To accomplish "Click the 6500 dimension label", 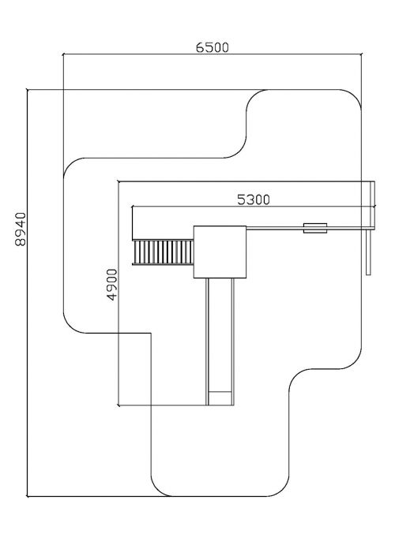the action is click(213, 47).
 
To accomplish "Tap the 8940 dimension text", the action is click(21, 229).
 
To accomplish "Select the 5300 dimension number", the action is click(254, 200).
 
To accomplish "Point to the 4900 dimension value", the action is click(112, 285).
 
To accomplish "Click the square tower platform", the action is click(220, 252).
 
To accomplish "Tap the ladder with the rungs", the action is click(163, 252).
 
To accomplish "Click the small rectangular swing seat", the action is click(315, 228).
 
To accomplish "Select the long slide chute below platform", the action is click(220, 341).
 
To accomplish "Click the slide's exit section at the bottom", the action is click(220, 398).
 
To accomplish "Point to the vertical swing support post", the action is click(369, 252).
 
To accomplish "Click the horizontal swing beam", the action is click(307, 228).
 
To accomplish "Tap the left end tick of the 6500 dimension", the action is click(63, 54).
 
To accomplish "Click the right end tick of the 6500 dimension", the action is click(361, 54).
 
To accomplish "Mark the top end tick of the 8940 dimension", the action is click(28, 90).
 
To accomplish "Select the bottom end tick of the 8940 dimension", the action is click(28, 496).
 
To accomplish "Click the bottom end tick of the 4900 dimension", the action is click(119, 405).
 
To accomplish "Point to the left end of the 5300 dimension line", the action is click(132, 207).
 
